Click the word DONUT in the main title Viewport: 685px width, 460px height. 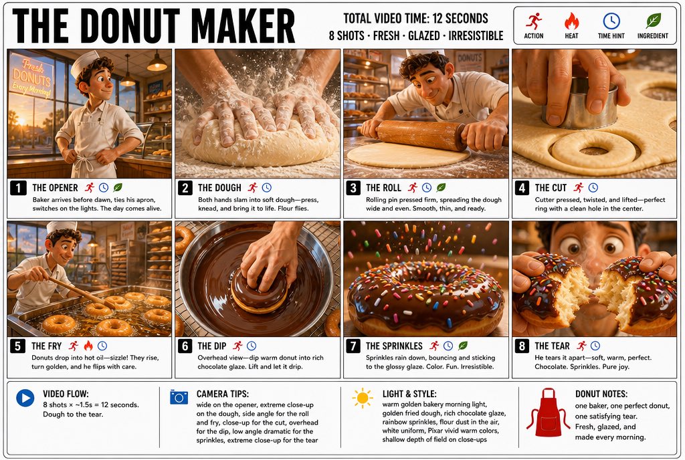click(130, 26)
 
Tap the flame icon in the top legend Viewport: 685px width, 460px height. click(571, 21)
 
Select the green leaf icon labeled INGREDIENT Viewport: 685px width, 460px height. click(653, 21)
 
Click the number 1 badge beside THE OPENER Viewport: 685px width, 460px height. click(18, 188)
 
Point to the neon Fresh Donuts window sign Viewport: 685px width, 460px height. click(31, 78)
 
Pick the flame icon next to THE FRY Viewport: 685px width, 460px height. click(88, 346)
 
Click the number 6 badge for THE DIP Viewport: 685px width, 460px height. click(185, 346)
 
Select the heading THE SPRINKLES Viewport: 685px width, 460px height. click(394, 346)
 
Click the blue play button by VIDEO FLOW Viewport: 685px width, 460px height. click(25, 398)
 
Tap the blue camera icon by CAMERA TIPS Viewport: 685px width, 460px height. click(179, 397)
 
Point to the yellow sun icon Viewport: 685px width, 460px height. click(363, 398)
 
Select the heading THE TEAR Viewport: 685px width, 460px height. click(552, 346)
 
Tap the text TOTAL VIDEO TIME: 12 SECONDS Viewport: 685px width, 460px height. click(415, 18)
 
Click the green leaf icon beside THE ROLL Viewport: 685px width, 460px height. click(442, 188)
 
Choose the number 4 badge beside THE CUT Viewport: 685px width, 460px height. click(522, 188)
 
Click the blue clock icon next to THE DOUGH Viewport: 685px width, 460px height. click(266, 188)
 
